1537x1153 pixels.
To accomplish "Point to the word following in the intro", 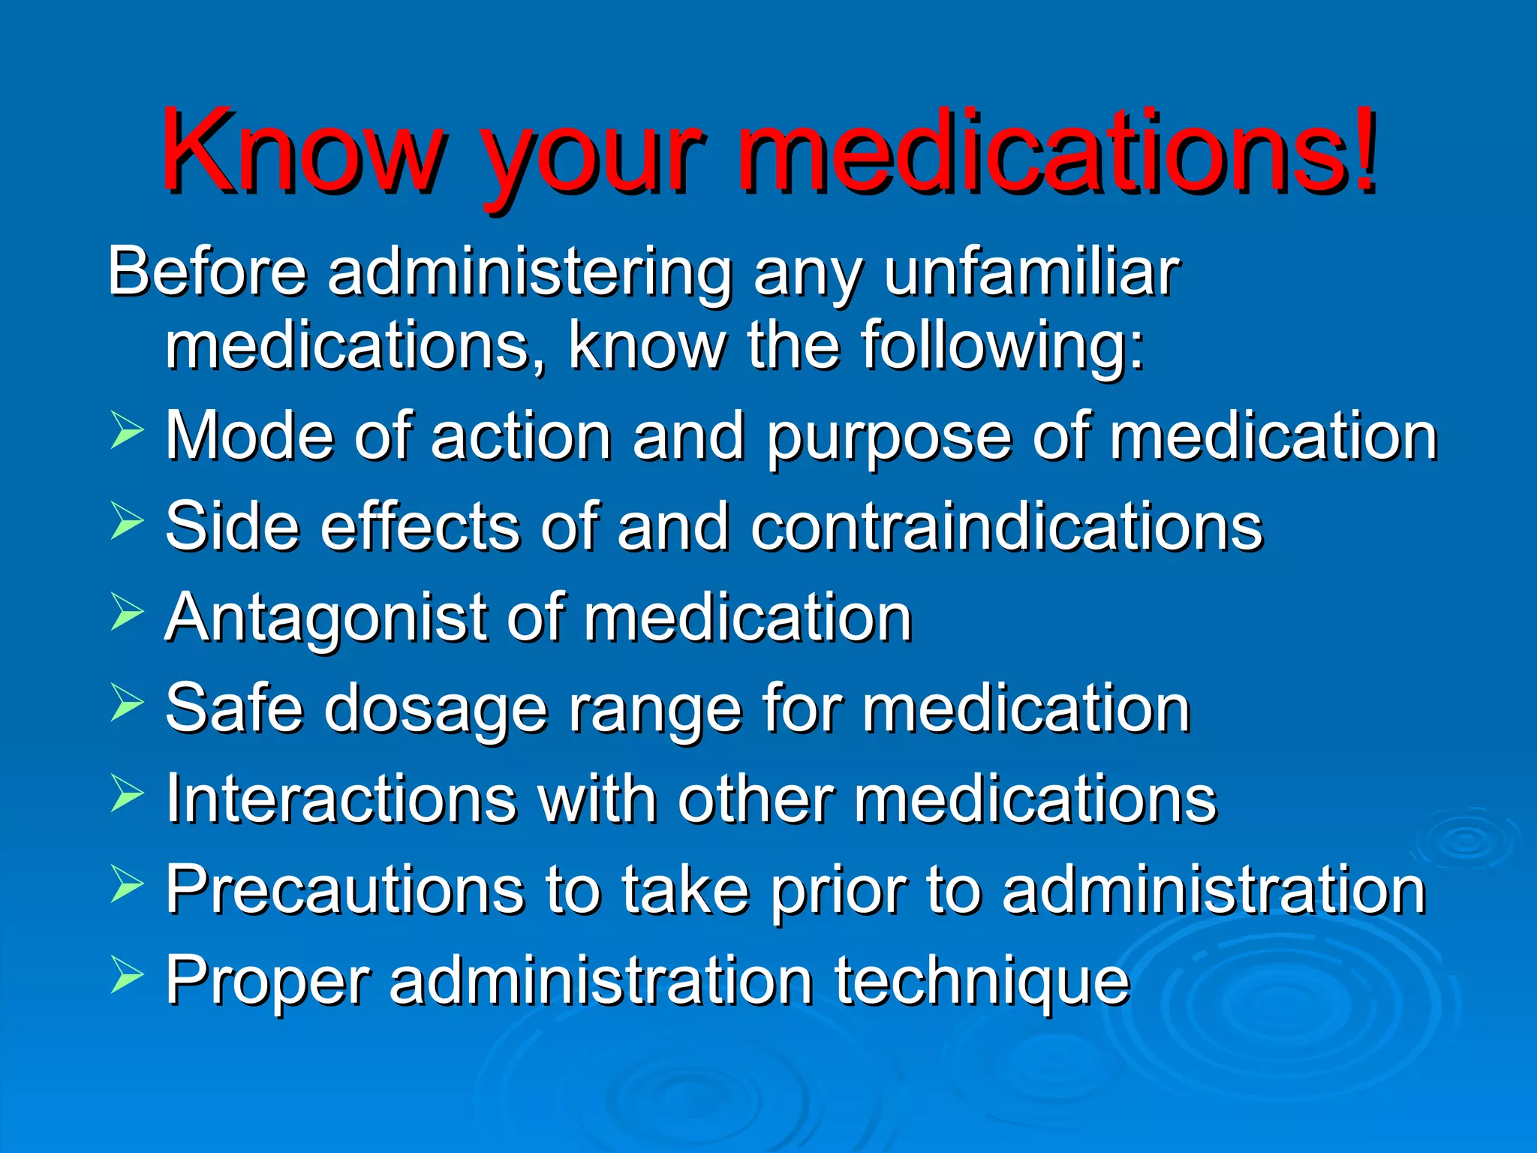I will click(x=1003, y=347).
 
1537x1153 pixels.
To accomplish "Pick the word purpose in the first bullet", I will click(x=889, y=438).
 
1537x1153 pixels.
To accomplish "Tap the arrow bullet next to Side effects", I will click(x=126, y=521).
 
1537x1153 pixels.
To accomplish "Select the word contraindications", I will click(x=1006, y=527).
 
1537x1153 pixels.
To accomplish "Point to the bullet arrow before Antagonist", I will click(x=126, y=612).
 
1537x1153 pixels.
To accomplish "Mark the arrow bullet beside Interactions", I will click(x=126, y=793).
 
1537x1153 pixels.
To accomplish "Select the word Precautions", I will click(x=344, y=890).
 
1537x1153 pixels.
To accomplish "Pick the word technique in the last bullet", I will click(x=982, y=982).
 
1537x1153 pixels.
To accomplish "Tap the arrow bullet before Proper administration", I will click(x=126, y=974).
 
